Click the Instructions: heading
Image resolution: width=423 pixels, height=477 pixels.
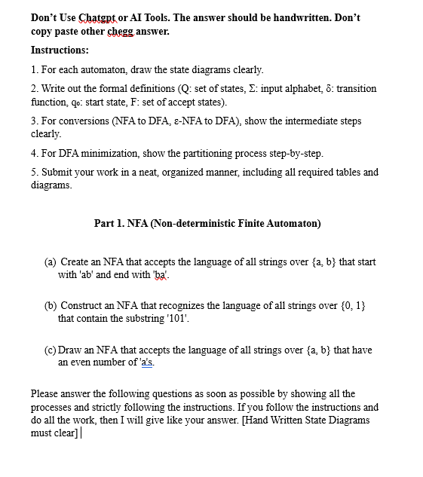click(60, 50)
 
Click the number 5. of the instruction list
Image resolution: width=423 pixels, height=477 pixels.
click(35, 172)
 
